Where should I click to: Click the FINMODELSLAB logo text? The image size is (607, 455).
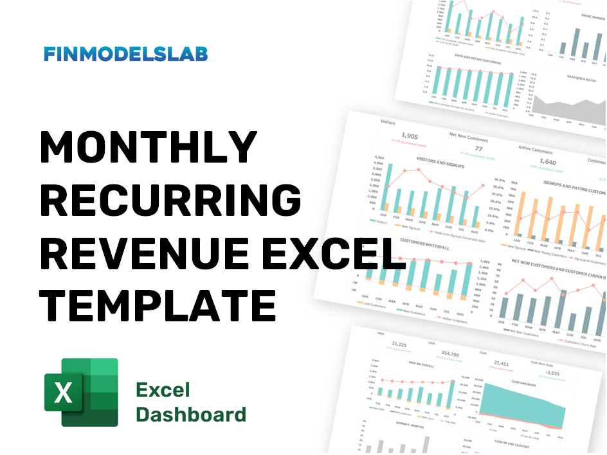pos(125,54)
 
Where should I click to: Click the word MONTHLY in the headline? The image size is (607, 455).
pos(149,148)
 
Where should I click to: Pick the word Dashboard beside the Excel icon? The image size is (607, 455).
pos(191,414)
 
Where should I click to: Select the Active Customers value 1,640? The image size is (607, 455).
pos(547,163)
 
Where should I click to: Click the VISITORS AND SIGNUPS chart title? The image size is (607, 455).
pos(439,161)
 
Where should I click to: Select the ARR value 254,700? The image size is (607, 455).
pos(451,355)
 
